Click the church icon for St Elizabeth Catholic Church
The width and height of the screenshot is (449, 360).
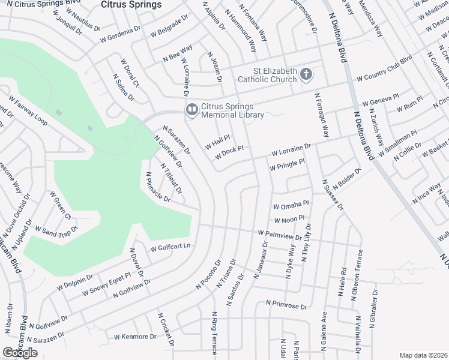point(306,74)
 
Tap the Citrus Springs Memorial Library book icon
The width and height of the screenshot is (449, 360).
point(191,109)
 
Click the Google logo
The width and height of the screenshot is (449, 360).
point(20,353)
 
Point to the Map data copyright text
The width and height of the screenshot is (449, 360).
point(424,355)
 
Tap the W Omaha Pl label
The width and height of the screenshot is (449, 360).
point(291,206)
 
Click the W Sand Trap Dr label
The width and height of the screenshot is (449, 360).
point(57,229)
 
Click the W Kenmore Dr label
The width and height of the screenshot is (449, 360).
point(135,337)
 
